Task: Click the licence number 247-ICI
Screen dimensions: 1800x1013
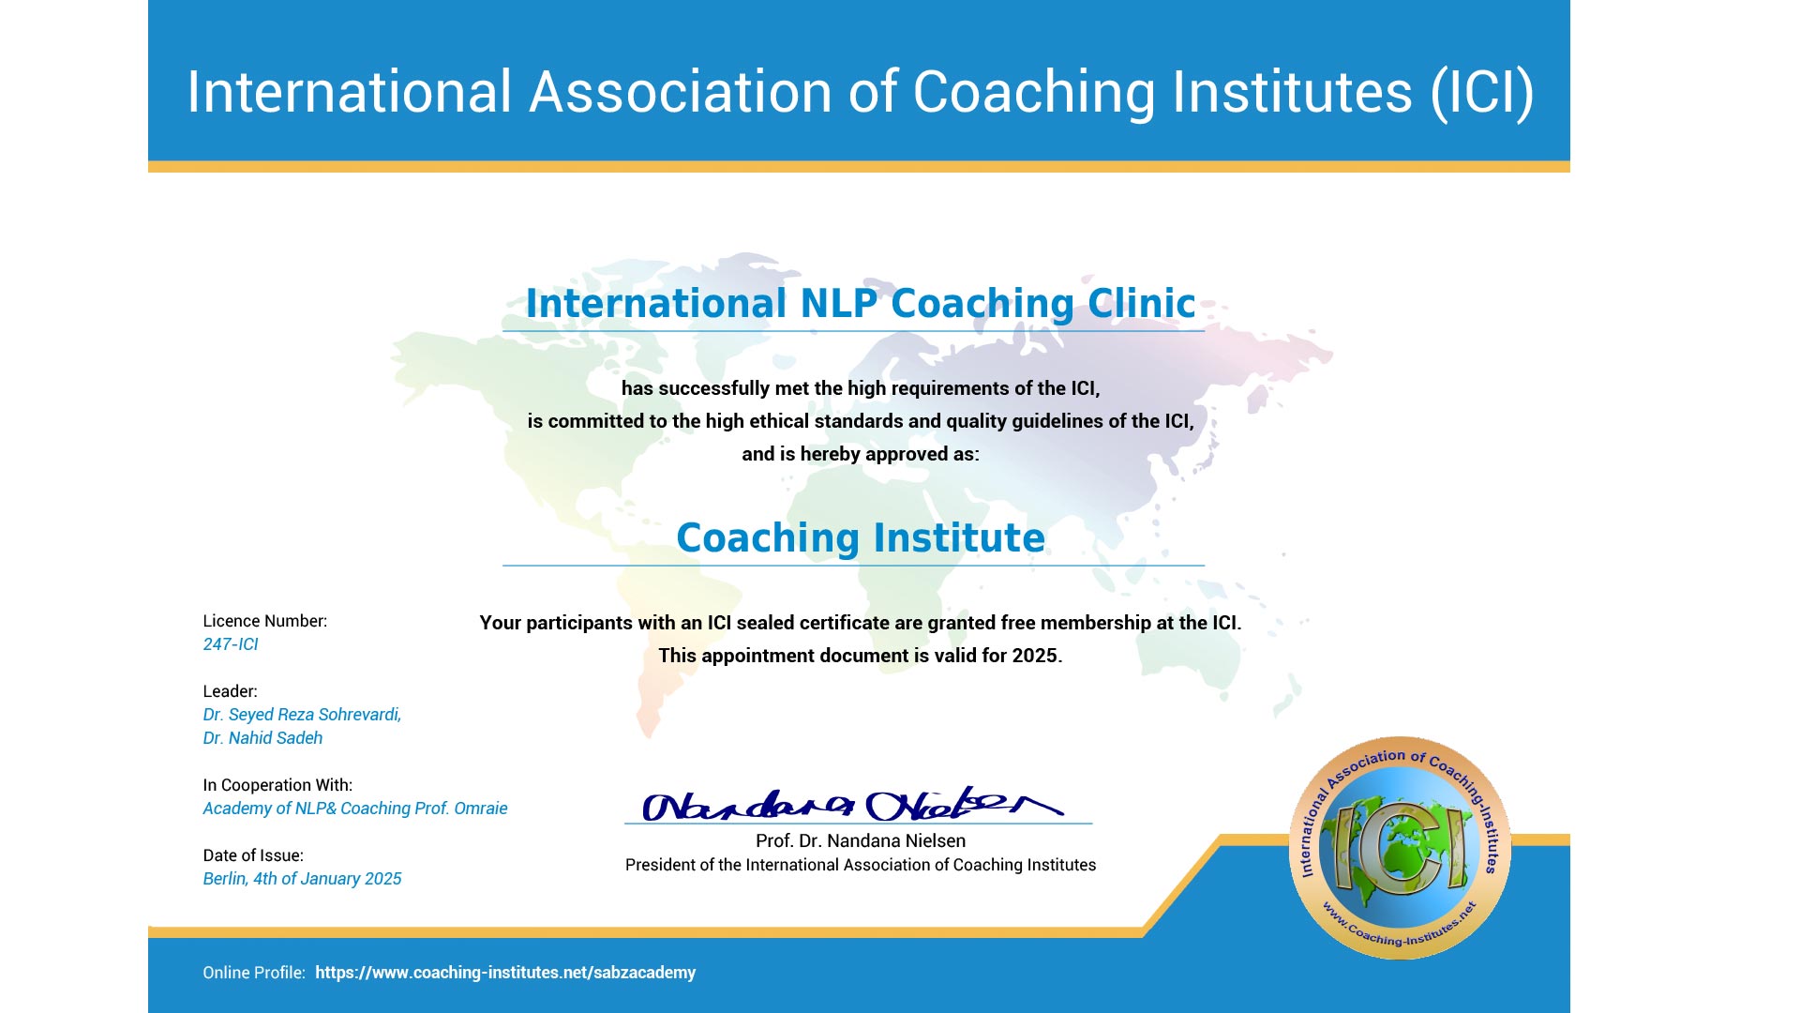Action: point(231,644)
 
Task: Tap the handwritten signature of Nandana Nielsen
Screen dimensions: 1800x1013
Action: point(852,804)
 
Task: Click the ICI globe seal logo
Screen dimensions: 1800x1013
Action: point(1400,848)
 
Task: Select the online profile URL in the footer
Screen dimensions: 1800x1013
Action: point(505,973)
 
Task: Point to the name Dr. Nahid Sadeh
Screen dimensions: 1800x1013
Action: point(262,738)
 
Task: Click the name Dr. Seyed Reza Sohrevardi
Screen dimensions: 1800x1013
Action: point(302,715)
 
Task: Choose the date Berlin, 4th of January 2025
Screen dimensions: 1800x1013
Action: point(302,879)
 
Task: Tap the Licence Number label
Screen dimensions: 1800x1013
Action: point(265,621)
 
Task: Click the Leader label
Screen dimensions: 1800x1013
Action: point(230,691)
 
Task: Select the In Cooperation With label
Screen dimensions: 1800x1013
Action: point(277,785)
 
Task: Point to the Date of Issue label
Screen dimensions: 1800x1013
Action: point(253,855)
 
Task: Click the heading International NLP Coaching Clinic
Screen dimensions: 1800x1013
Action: point(861,303)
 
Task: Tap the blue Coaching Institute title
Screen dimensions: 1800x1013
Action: point(861,537)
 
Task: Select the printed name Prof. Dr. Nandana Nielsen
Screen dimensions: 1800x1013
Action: point(861,841)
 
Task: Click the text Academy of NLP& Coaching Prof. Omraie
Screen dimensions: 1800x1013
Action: point(355,809)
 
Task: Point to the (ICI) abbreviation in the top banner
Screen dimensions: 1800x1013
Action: point(1482,92)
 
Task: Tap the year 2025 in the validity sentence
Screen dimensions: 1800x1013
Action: point(1035,656)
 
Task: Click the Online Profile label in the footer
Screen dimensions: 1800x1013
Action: point(254,973)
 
